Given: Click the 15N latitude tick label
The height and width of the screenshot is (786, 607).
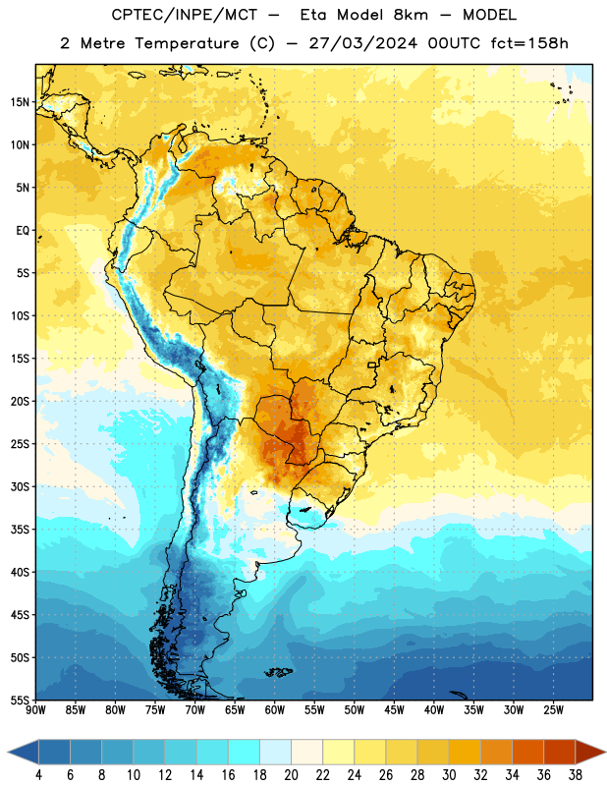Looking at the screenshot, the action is point(20,102).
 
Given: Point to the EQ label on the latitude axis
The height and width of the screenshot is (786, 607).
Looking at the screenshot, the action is point(23,231).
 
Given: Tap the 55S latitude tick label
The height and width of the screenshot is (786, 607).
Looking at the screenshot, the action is point(20,700).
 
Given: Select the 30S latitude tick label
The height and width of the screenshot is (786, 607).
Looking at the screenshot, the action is point(20,486).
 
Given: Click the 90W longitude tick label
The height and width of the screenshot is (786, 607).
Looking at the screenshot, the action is point(36,710).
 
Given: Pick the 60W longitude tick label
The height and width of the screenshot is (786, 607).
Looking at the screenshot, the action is point(275,710).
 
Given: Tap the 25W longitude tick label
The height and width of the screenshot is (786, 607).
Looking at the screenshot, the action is point(553,710).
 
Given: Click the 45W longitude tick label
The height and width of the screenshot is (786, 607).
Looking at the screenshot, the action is point(394,710).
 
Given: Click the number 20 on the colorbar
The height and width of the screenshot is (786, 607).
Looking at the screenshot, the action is point(291,775).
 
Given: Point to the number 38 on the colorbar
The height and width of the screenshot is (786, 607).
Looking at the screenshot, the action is point(576,775).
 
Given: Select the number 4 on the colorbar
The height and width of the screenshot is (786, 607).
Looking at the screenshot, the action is point(38,775).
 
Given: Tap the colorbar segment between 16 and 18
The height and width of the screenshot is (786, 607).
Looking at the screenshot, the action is point(245,752).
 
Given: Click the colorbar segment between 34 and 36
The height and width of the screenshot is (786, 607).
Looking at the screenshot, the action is point(528,752).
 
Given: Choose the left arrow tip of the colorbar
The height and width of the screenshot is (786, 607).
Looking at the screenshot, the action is point(8,752).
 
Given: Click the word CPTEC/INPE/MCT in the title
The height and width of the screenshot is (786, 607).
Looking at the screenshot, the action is point(184,15).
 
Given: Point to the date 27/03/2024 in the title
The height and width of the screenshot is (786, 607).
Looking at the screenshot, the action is point(362,43).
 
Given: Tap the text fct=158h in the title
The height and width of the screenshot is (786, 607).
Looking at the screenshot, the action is point(529,43).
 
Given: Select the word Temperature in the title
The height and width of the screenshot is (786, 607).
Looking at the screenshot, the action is point(187,44).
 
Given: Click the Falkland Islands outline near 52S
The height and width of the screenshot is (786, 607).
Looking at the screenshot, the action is point(279,672).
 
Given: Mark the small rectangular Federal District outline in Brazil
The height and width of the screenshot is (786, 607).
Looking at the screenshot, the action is point(372,365).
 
